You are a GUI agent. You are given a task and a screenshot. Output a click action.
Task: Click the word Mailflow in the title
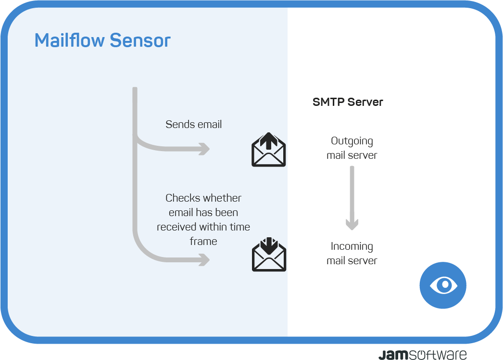coord(70,40)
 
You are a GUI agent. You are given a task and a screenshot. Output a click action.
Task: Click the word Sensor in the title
coord(140,40)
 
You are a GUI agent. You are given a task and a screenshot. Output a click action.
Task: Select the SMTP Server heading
coord(348,102)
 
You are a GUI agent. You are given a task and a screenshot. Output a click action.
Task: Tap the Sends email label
coord(193,124)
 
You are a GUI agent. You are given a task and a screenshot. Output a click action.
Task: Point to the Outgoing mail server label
coord(352,148)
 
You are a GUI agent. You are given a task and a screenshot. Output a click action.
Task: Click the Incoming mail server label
coord(352,253)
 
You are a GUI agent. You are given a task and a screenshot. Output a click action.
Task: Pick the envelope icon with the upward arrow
coord(268,149)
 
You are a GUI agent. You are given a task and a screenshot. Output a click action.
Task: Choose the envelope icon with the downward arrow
coord(269,254)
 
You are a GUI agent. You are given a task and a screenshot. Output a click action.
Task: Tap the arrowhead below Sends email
coord(204,149)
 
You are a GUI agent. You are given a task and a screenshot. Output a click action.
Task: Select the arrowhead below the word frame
coord(204,260)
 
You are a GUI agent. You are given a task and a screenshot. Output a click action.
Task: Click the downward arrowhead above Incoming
coord(352,224)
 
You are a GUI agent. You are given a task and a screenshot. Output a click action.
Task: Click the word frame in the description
coord(203,241)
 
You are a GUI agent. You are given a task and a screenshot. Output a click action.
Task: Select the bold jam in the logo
coord(393,355)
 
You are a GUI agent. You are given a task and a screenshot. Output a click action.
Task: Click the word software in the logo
coord(438,355)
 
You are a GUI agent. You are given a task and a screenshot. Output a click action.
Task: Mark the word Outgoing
coord(352,141)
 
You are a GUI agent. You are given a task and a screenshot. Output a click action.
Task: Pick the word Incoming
coord(352,246)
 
